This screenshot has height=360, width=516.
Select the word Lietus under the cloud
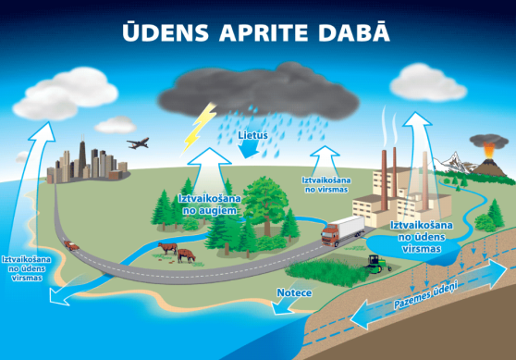click(x=252, y=135)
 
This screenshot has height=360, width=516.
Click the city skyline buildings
click(x=88, y=163)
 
